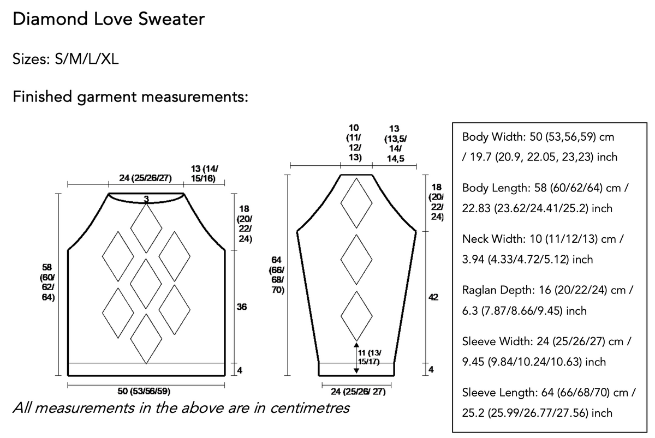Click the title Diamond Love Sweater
coord(109,19)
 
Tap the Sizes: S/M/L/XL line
coord(65,59)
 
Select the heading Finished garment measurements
coord(130,97)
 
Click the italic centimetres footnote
coord(181,408)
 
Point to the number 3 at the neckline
coord(146,199)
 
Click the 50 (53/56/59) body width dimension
coord(144,391)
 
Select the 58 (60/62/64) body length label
coord(47,282)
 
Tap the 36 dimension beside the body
coord(242,307)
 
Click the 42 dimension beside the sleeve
coord(433,297)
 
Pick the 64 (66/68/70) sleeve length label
coord(277,275)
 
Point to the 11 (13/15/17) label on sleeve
coord(370,357)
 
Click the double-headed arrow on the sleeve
coord(356,358)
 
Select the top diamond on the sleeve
coord(356,203)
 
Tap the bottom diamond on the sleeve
coord(356,316)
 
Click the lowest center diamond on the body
coord(146,339)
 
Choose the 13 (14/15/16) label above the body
coord(204,173)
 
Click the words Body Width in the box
coord(493,137)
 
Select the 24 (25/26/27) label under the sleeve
coord(358,392)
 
